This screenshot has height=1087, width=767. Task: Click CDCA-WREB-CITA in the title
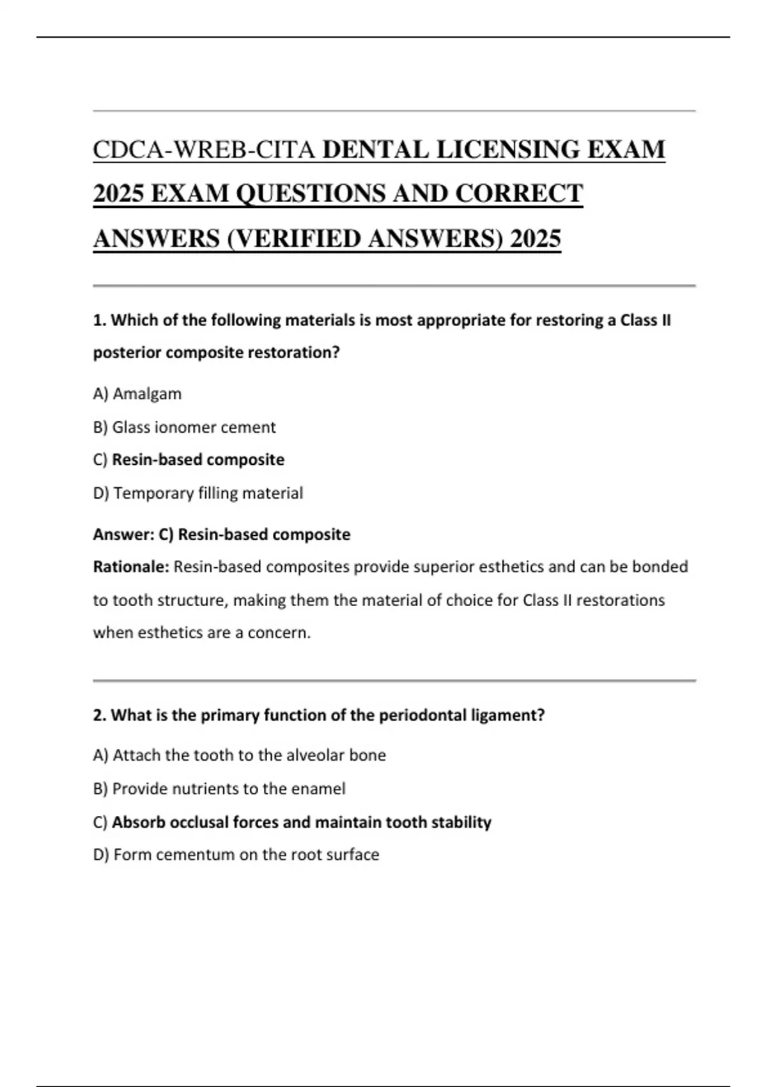tap(205, 150)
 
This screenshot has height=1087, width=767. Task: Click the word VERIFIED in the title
tap(300, 239)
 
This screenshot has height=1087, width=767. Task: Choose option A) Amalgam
tap(137, 394)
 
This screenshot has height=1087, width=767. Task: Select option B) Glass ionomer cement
tap(184, 427)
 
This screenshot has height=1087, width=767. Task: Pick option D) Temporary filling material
tap(198, 493)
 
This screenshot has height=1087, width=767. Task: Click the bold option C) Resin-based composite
tap(189, 460)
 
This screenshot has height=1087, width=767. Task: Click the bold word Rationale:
tap(131, 567)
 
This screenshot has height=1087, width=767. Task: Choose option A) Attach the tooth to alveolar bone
tap(240, 755)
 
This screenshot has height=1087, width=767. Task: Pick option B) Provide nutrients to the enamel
tap(219, 788)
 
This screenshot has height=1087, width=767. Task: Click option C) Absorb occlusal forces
tap(292, 822)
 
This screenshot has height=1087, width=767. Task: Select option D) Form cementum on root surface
tap(236, 855)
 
